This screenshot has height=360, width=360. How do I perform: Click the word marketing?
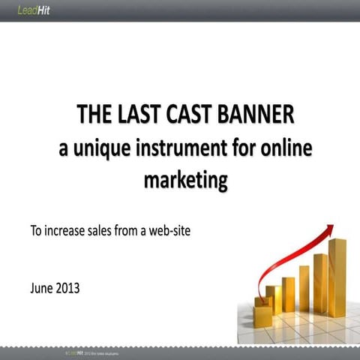tap(184, 181)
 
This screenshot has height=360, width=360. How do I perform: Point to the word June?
tap(43, 287)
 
